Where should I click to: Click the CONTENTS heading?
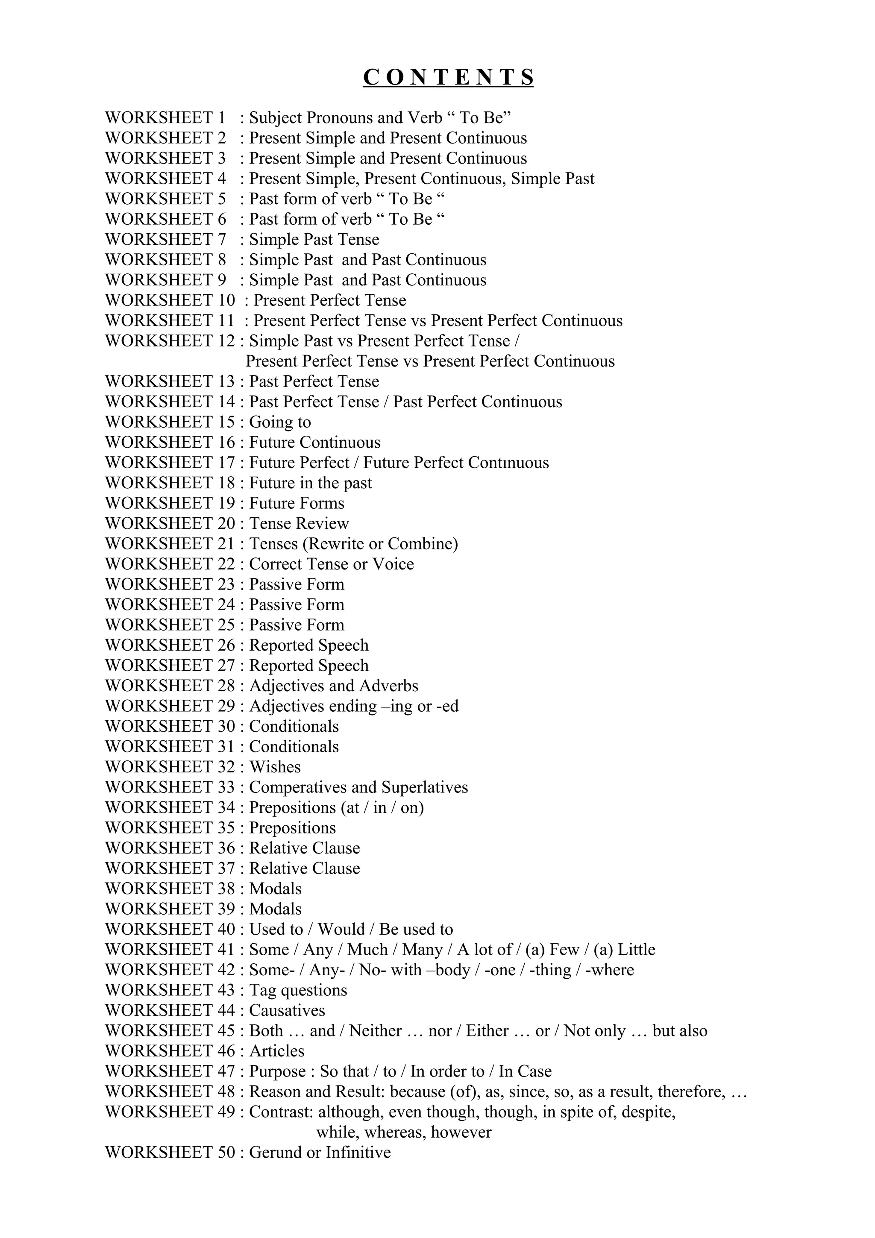[448, 77]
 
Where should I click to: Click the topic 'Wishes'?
[275, 767]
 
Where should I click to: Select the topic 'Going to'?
[280, 422]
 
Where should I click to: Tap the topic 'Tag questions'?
[298, 990]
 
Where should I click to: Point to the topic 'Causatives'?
[287, 1010]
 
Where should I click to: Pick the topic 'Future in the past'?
[310, 483]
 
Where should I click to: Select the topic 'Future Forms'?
[297, 503]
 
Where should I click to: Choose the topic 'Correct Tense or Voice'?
[331, 564]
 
